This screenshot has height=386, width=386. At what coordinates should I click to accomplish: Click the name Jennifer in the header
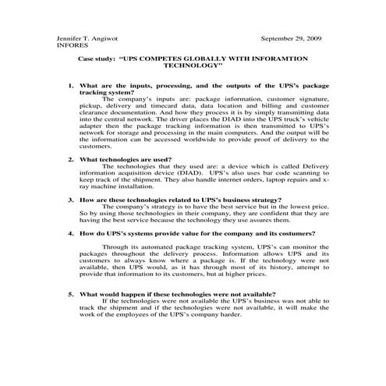69,38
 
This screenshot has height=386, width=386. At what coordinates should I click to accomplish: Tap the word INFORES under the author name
71,45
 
